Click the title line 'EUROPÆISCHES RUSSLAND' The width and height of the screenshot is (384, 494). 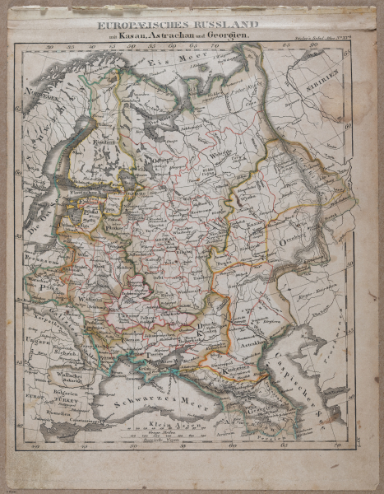tap(178, 25)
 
